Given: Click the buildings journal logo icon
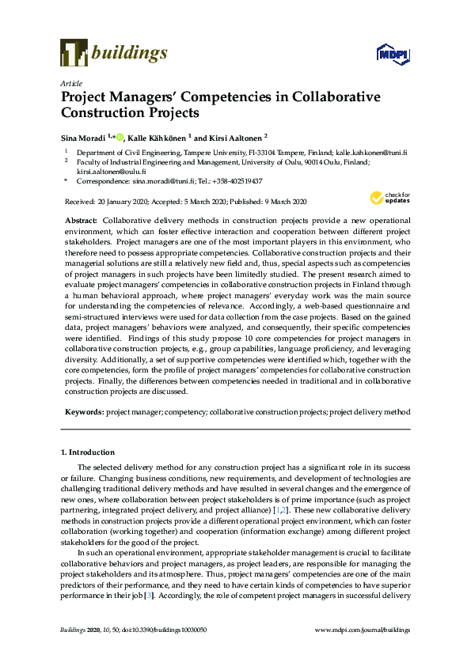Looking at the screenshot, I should click(73, 53).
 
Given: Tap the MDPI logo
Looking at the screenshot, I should click(393, 54).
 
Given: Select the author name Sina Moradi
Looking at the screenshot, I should click(83, 136).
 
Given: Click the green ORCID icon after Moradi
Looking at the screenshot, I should click(120, 136).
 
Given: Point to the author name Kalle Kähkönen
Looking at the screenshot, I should click(158, 136).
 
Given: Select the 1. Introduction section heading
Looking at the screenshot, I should click(87, 452).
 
